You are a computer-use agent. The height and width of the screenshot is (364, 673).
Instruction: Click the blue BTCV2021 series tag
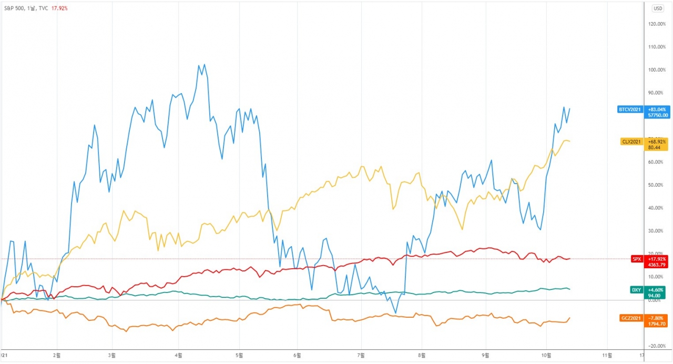pos(630,109)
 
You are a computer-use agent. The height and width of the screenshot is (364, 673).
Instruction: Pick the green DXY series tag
pos(636,289)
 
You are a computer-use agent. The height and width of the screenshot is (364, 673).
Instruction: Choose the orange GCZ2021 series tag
pos(631,318)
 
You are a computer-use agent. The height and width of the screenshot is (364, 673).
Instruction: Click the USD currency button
pos(658,8)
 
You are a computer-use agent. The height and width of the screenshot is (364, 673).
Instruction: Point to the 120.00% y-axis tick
pos(657,24)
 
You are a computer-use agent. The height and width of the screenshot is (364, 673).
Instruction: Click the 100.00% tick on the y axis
pos(657,70)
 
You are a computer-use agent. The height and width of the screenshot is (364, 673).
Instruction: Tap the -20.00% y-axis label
pos(657,346)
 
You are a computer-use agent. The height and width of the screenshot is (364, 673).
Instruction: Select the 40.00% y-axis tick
pos(657,208)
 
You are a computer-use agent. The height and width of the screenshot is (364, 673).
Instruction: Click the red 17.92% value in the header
pos(59,8)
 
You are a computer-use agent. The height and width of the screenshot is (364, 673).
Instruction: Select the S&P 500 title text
pos(16,8)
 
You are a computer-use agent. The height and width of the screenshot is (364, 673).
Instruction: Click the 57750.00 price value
pos(658,115)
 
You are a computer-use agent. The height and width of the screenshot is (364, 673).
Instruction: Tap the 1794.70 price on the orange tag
pos(658,324)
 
